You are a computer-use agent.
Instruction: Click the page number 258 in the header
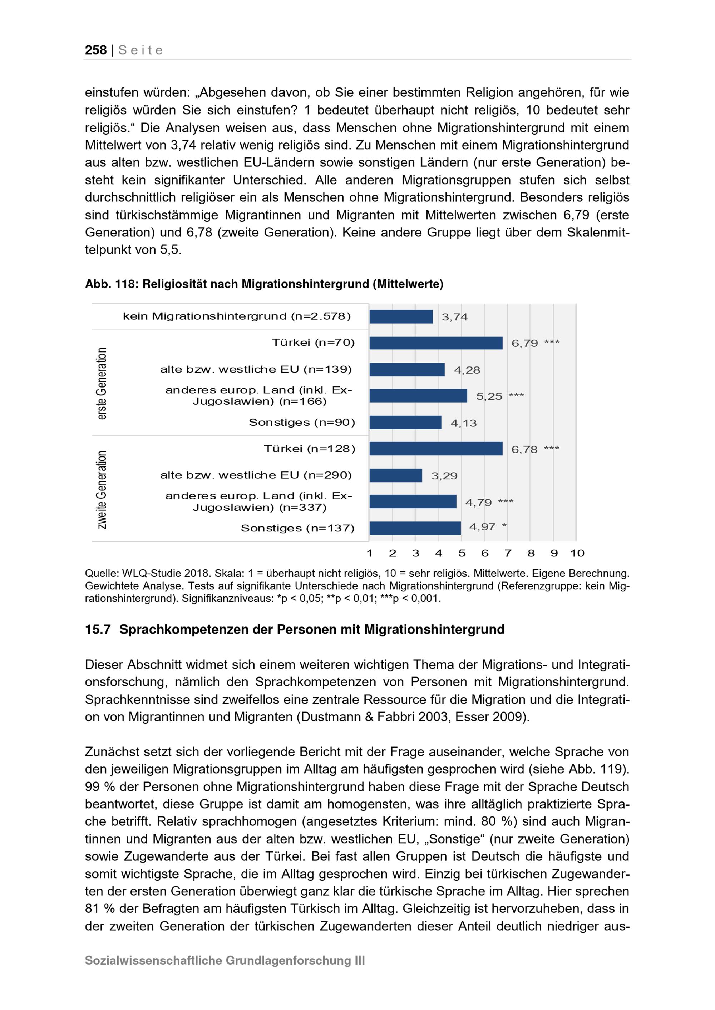pyautogui.click(x=95, y=50)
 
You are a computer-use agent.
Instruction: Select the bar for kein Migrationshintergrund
pyautogui.click(x=401, y=317)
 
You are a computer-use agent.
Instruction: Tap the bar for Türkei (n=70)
pyautogui.click(x=435, y=343)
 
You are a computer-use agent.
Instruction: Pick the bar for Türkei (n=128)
pyautogui.click(x=435, y=449)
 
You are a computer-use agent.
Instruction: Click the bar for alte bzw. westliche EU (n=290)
pyautogui.click(x=395, y=475)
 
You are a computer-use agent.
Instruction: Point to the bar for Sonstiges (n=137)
pyautogui.click(x=415, y=528)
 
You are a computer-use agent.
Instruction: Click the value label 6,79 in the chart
pyautogui.click(x=524, y=343)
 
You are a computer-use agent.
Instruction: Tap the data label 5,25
pyautogui.click(x=489, y=396)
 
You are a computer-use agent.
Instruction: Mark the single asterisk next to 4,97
pyautogui.click(x=504, y=526)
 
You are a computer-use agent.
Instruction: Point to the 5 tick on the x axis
pyautogui.click(x=462, y=553)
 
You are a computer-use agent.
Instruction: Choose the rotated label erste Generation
pyautogui.click(x=102, y=383)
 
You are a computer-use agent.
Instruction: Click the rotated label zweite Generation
pyautogui.click(x=102, y=489)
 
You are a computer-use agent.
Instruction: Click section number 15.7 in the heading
pyautogui.click(x=97, y=630)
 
